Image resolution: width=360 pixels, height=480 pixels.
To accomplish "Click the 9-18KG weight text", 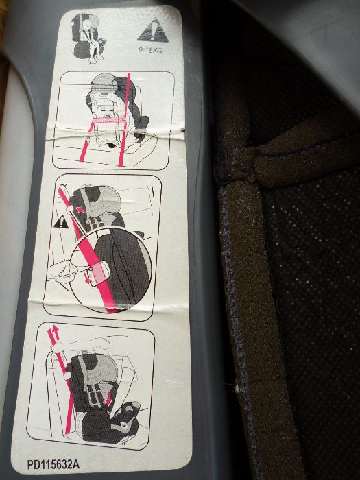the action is pos(150,50).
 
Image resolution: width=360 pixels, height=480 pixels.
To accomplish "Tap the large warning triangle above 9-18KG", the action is pos(153,31).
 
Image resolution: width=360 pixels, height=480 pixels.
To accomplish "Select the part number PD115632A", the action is pos(53,464).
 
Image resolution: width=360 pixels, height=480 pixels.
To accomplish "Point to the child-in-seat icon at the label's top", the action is pos(87,38).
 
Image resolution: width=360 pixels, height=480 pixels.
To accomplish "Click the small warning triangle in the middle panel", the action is pos(61,222).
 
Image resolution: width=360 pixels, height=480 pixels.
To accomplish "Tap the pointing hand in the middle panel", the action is pos(63,272).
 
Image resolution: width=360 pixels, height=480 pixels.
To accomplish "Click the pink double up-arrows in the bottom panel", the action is pos(53,335).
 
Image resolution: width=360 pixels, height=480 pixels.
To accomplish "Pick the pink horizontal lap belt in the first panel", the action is pos(109,120).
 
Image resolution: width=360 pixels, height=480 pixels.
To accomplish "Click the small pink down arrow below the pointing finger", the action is pos(88,279).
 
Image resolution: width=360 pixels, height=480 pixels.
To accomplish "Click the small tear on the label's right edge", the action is pos(183,130).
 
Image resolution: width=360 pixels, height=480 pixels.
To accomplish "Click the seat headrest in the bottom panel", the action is pos(99,369).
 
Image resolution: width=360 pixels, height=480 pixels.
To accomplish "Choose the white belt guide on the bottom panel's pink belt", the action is pos(67,376).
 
